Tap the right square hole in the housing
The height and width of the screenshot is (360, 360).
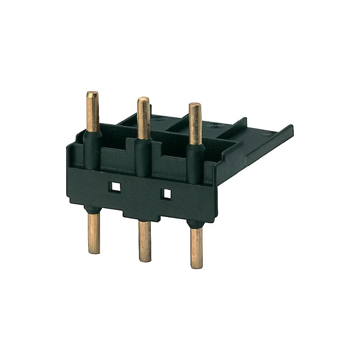tap(167, 194)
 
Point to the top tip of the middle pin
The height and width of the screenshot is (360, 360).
tap(144, 99)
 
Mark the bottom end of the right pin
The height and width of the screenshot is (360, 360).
tap(197, 266)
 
